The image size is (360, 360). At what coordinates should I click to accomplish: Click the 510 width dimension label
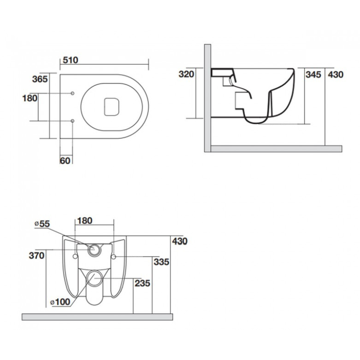(71, 60)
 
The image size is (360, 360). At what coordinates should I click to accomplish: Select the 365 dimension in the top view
(40, 79)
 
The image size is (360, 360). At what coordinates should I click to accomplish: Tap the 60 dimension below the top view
(65, 161)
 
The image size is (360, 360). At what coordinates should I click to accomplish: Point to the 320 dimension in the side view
(186, 74)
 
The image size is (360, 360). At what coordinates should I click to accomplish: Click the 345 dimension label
(313, 75)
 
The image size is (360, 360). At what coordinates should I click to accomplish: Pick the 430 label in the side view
(336, 75)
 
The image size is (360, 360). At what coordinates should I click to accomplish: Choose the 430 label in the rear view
(180, 241)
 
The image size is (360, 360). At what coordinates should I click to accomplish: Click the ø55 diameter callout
(42, 224)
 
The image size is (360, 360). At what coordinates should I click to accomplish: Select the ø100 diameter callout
(60, 302)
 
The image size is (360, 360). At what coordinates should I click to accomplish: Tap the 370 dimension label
(36, 256)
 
